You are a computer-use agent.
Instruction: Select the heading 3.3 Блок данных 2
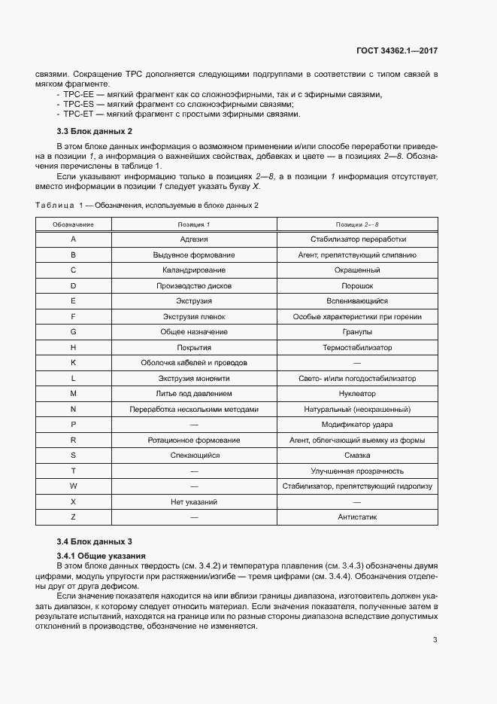pyautogui.click(x=94, y=131)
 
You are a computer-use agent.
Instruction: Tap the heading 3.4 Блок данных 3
pyautogui.click(x=94, y=541)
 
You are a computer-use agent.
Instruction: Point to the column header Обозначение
pyautogui.click(x=73, y=224)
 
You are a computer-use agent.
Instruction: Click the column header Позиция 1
pyautogui.click(x=194, y=224)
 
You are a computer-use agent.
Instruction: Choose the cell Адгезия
pyautogui.click(x=194, y=239)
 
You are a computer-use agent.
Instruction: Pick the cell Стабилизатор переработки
pyautogui.click(x=357, y=239)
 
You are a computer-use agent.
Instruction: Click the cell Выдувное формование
pyautogui.click(x=194, y=255)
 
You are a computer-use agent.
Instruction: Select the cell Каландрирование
pyautogui.click(x=194, y=270)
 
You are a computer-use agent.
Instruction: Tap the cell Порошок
pyautogui.click(x=357, y=286)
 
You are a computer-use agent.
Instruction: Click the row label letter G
pyautogui.click(x=73, y=332)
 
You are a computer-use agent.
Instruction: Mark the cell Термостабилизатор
pyautogui.click(x=357, y=348)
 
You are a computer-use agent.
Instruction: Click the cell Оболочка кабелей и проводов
pyautogui.click(x=194, y=363)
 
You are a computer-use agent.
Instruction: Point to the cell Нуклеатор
pyautogui.click(x=357, y=394)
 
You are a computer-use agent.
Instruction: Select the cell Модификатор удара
pyautogui.click(x=357, y=425)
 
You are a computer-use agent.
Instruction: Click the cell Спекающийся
pyautogui.click(x=194, y=456)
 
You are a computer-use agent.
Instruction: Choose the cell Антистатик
pyautogui.click(x=357, y=517)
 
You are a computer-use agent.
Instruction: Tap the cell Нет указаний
pyautogui.click(x=194, y=501)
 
